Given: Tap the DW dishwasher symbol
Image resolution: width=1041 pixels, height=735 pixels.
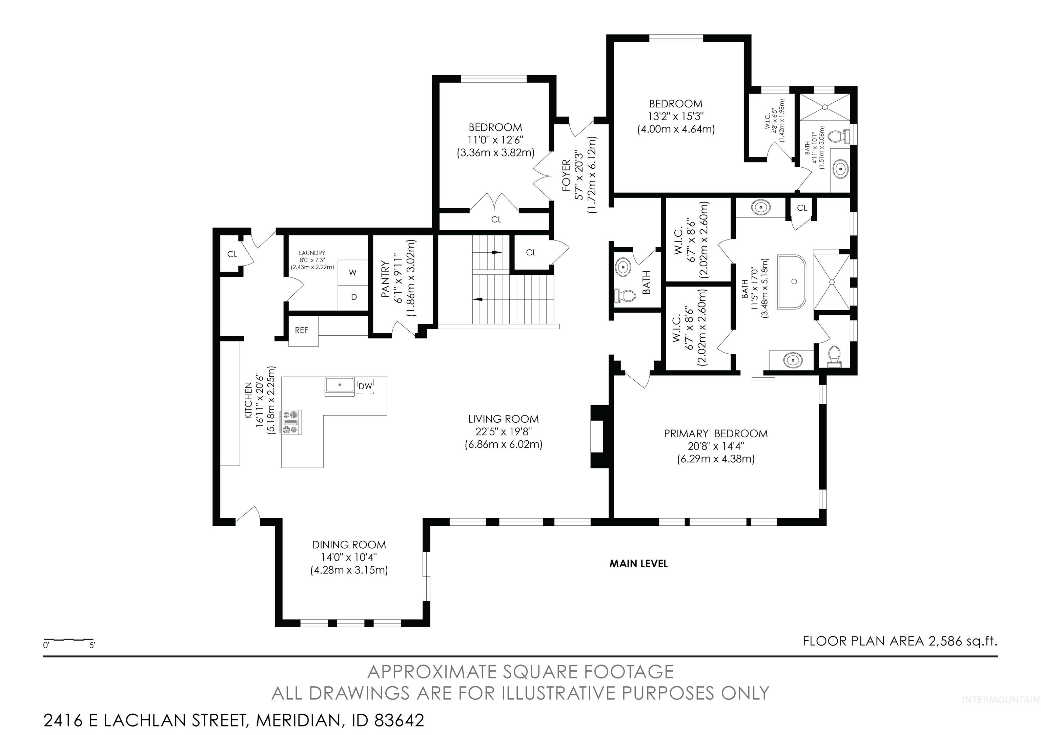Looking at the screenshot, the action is click(x=365, y=386).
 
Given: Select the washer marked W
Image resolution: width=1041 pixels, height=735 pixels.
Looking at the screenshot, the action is click(x=353, y=272).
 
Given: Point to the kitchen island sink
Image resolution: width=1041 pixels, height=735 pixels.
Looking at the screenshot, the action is click(x=340, y=386).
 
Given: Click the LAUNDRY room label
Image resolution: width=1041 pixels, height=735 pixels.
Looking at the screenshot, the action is click(x=312, y=253).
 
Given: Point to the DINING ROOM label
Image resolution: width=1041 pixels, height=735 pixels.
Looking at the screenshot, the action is click(x=349, y=545).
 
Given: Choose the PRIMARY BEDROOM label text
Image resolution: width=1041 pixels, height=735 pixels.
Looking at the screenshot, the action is click(x=716, y=434).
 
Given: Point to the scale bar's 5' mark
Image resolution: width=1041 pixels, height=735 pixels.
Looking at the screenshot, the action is click(x=92, y=645).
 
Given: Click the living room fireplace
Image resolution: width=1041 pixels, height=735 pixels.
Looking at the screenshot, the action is click(x=598, y=436).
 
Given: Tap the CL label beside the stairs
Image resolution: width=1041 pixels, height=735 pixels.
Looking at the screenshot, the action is click(x=531, y=252).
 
